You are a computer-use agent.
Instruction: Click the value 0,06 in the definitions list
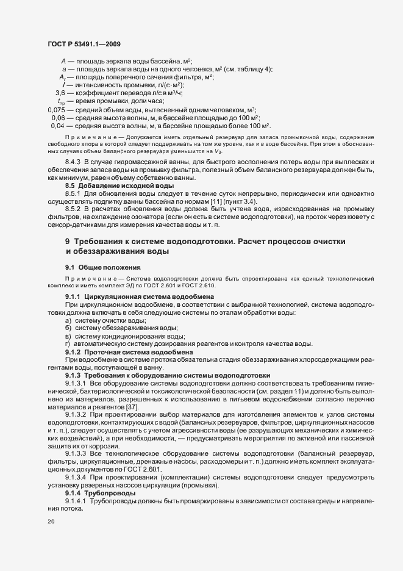point(59,117)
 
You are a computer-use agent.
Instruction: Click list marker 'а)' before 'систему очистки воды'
point(68,320)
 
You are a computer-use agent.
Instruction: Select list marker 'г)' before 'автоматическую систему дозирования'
point(68,343)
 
